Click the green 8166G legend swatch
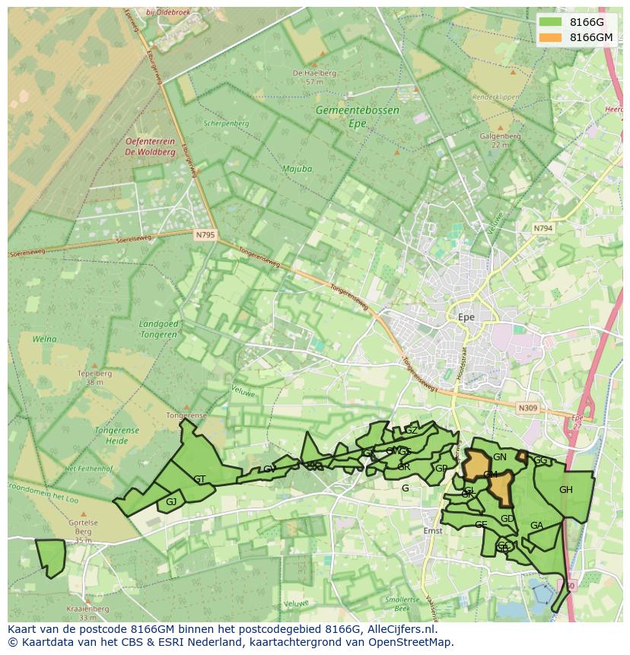pyautogui.click(x=552, y=23)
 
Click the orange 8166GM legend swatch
pyautogui.click(x=552, y=37)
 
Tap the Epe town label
pyautogui.click(x=466, y=317)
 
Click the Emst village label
pyautogui.click(x=432, y=530)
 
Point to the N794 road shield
pyautogui.click(x=542, y=228)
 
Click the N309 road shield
pyautogui.click(x=528, y=409)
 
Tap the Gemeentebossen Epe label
pyautogui.click(x=357, y=116)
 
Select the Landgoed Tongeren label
pyautogui.click(x=159, y=329)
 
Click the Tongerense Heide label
pyautogui.click(x=116, y=435)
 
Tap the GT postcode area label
pyautogui.click(x=199, y=479)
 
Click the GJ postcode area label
pyautogui.click(x=171, y=502)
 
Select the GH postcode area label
pyautogui.click(x=565, y=490)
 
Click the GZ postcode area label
pyautogui.click(x=411, y=431)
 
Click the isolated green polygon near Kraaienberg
pyautogui.click(x=51, y=558)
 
